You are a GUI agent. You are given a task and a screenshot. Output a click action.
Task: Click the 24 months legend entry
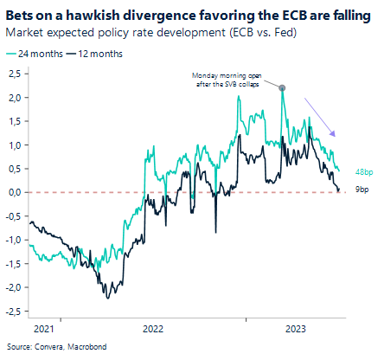34,54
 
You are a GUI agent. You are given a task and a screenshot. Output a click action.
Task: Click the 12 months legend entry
93,54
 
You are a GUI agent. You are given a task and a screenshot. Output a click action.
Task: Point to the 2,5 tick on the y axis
15,74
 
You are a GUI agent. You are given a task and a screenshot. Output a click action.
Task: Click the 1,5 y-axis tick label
15,122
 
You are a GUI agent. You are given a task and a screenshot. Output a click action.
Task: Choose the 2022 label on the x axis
152,329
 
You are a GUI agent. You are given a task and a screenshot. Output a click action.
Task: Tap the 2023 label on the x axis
296,329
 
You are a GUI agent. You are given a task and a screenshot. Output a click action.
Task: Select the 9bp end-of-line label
363,189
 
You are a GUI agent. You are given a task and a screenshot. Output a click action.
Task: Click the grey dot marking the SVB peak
283,87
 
